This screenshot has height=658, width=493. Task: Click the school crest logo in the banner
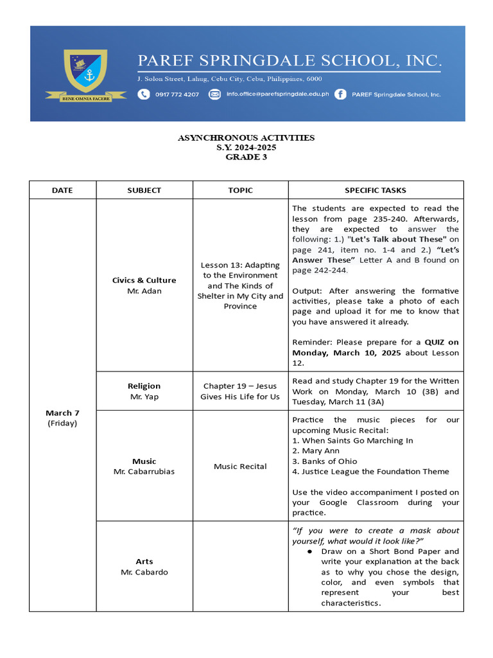(76, 72)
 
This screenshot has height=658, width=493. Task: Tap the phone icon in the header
(143, 94)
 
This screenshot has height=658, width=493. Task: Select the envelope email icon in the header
(215, 94)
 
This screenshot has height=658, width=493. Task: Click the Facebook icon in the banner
(340, 94)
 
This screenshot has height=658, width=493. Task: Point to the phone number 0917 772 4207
(177, 94)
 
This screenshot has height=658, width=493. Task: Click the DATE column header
(62, 190)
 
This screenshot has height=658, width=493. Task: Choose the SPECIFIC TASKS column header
(376, 190)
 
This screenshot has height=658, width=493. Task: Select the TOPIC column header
(240, 190)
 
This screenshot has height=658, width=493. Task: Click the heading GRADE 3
(246, 157)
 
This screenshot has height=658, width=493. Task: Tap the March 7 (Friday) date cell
(62, 418)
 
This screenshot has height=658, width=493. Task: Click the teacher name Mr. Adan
(144, 290)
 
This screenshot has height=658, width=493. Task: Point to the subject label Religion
(144, 386)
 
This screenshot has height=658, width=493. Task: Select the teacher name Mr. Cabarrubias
(144, 471)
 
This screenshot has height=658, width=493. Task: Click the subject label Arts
(144, 561)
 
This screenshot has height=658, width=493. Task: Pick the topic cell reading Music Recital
(240, 466)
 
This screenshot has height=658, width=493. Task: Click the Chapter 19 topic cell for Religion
(240, 391)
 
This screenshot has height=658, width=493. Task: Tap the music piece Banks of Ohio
(327, 461)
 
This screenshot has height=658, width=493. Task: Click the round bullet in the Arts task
(309, 551)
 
